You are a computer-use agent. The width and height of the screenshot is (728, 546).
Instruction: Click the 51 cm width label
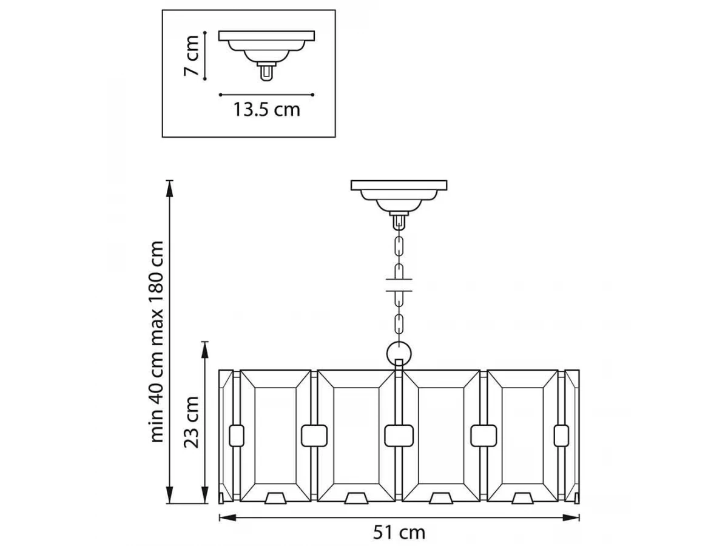coord(399,533)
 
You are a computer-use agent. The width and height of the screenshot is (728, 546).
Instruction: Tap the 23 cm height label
coord(191,422)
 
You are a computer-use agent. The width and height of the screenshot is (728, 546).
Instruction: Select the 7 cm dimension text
coord(191,56)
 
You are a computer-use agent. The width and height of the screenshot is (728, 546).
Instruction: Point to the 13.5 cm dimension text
coord(267,109)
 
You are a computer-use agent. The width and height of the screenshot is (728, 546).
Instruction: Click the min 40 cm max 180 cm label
coord(157,342)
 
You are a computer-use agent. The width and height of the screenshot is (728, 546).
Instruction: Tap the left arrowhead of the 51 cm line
coord(227,517)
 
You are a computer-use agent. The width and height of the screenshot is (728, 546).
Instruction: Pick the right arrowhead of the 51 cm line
coord(571,517)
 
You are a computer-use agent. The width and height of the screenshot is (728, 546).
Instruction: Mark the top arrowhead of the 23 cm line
coord(205,350)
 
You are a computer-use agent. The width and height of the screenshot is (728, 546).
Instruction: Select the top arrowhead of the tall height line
coord(169,189)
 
